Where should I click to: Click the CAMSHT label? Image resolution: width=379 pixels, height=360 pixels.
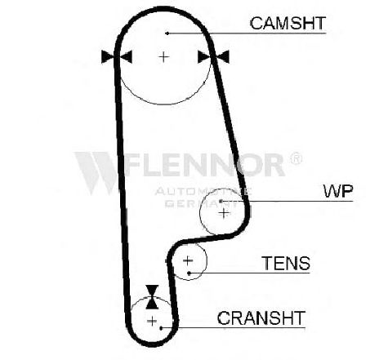tap(288, 23)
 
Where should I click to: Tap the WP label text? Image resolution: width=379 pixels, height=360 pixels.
tap(338, 191)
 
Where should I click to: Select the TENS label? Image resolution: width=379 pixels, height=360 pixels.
tap(286, 263)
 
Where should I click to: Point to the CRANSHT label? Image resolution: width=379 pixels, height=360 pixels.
tap(261, 318)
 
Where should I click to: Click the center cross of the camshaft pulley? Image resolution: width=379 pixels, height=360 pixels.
tap(163, 57)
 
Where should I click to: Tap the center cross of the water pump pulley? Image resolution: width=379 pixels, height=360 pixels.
tap(224, 213)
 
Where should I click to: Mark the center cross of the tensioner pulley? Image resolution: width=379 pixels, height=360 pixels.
tap(188, 260)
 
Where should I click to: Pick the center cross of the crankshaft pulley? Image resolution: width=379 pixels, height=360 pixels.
tap(152, 322)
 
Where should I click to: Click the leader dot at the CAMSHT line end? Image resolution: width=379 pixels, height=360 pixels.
tap(167, 33)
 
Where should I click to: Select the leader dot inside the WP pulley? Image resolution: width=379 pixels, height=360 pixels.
tap(221, 201)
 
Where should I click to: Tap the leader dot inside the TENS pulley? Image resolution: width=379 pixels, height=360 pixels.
tap(189, 273)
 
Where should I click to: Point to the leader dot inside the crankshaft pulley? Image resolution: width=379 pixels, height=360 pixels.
tap(161, 328)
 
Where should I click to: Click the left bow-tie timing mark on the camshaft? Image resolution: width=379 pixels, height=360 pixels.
tap(117, 57)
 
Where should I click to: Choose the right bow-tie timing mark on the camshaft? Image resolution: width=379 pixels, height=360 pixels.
tap(213, 57)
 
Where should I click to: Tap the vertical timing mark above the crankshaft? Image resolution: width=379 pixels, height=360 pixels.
tap(152, 297)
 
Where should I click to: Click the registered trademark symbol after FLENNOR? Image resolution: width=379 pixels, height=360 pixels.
tap(296, 158)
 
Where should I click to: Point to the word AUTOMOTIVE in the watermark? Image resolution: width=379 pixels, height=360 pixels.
tap(203, 191)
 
